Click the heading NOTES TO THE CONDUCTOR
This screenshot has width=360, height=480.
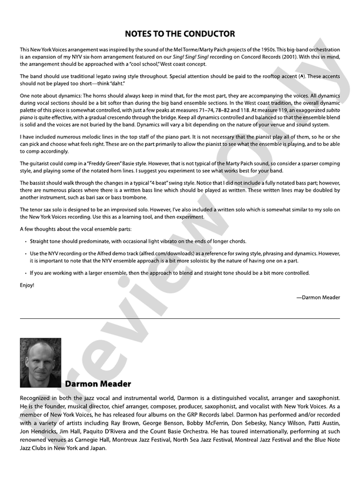pyautogui.click(x=180, y=34)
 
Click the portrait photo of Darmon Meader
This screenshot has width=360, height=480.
pyautogui.click(x=40, y=363)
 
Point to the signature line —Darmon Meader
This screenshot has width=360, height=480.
pyautogui.click(x=318, y=298)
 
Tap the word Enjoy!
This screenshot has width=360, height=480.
pyautogui.click(x=27, y=285)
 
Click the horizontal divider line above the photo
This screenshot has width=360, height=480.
pyautogui.click(x=180, y=318)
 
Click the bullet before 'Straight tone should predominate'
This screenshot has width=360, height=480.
pyautogui.click(x=25, y=242)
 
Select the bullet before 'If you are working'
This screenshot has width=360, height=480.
pyautogui.click(x=25, y=274)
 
